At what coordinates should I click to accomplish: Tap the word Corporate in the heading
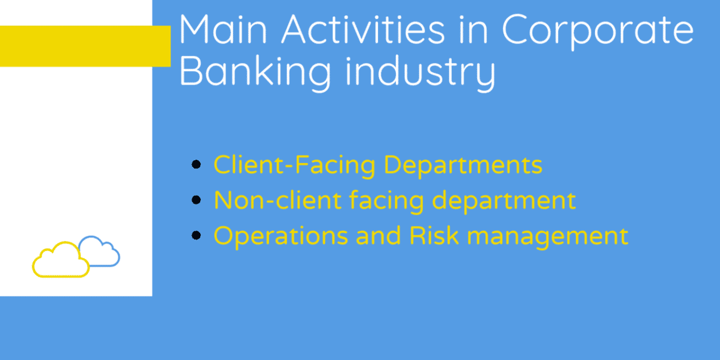pyautogui.click(x=597, y=30)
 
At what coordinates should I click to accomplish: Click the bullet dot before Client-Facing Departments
pyautogui.click(x=196, y=165)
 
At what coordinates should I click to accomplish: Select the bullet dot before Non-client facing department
pyautogui.click(x=196, y=200)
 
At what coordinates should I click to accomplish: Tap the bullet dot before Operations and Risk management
pyautogui.click(x=196, y=236)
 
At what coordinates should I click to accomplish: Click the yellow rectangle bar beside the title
pyautogui.click(x=84, y=46)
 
